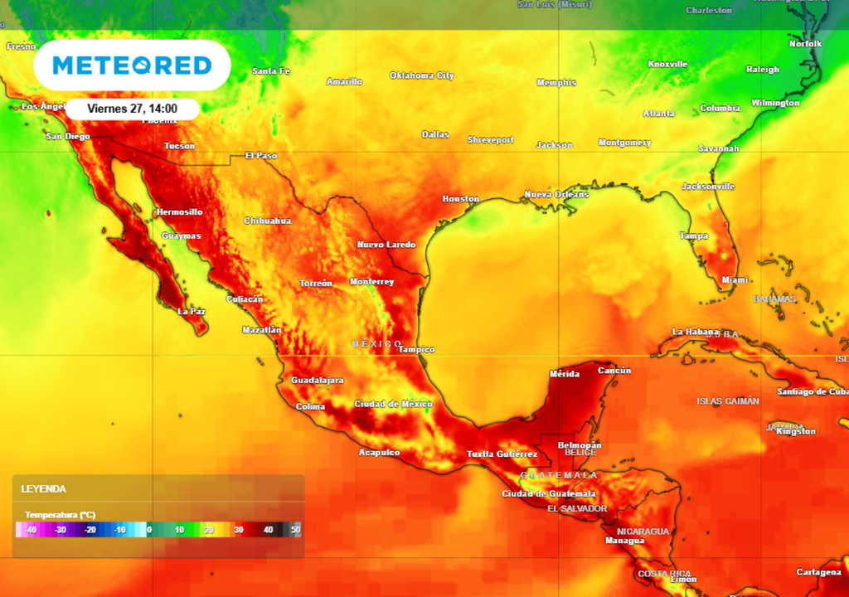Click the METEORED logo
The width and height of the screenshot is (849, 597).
click(132, 66)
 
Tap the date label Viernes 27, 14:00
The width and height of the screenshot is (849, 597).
click(132, 109)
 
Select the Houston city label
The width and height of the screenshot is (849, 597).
click(461, 199)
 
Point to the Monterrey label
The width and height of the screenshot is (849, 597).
click(371, 282)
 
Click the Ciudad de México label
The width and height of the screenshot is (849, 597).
click(394, 404)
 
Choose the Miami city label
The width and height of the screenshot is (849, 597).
click(735, 280)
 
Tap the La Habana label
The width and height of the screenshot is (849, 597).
click(696, 332)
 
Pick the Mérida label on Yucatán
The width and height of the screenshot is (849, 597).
click(565, 374)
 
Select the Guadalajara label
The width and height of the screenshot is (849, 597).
click(317, 381)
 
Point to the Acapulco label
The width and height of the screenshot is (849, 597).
click(379, 453)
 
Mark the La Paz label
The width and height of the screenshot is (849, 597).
click(192, 312)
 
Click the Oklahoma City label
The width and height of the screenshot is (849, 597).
click(422, 75)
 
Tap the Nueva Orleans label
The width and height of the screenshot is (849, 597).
click(556, 195)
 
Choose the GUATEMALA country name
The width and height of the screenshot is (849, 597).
click(559, 475)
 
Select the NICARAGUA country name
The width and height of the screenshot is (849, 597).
click(643, 531)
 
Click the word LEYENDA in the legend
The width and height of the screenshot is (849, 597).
click(43, 489)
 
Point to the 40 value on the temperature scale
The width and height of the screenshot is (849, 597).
click(268, 530)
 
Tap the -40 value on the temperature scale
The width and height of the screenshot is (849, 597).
click(31, 530)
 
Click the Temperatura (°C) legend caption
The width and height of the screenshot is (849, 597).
click(60, 515)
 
